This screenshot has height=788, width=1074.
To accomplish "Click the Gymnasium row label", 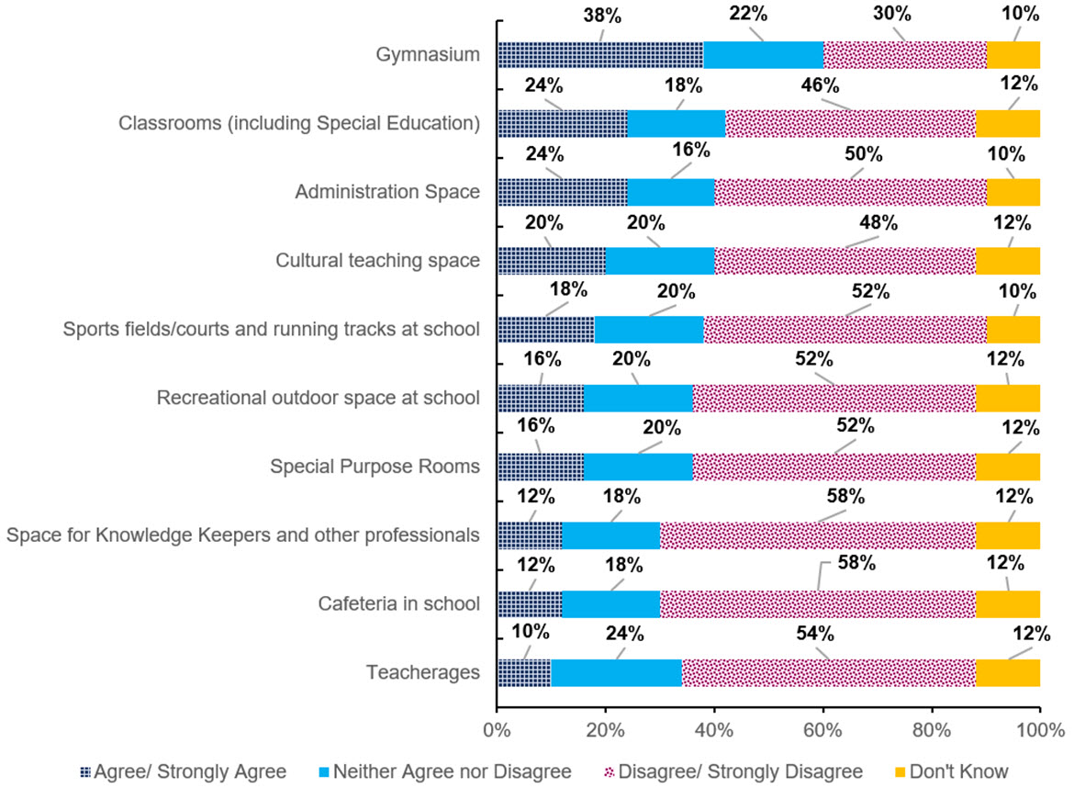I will pyautogui.click(x=429, y=55).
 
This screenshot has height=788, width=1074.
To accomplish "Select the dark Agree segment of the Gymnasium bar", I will pyautogui.click(x=600, y=55).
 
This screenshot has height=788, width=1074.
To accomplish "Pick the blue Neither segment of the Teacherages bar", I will pyautogui.click(x=616, y=672).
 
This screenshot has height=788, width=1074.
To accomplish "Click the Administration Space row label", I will pyautogui.click(x=387, y=192).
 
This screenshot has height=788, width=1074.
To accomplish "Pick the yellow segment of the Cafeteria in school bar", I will pyautogui.click(x=1007, y=603).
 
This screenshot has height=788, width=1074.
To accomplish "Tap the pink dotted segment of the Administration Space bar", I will pyautogui.click(x=850, y=192).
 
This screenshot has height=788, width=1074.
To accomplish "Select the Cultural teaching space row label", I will pyautogui.click(x=378, y=261).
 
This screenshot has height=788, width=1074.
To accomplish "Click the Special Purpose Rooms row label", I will pyautogui.click(x=375, y=467).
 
